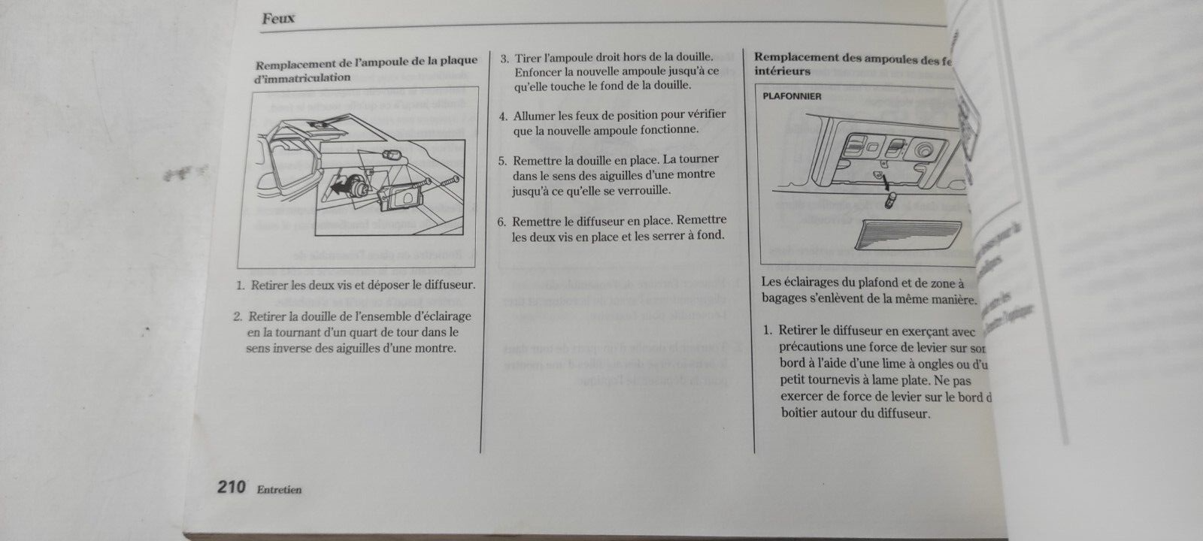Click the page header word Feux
(x=278, y=19)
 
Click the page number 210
(x=232, y=488)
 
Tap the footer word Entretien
(x=279, y=490)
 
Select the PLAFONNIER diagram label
(x=792, y=96)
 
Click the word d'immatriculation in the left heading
(x=302, y=77)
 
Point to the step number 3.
(x=505, y=58)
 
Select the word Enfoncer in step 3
(x=539, y=72)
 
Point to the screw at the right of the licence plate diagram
(x=448, y=181)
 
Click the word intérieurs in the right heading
(x=782, y=71)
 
